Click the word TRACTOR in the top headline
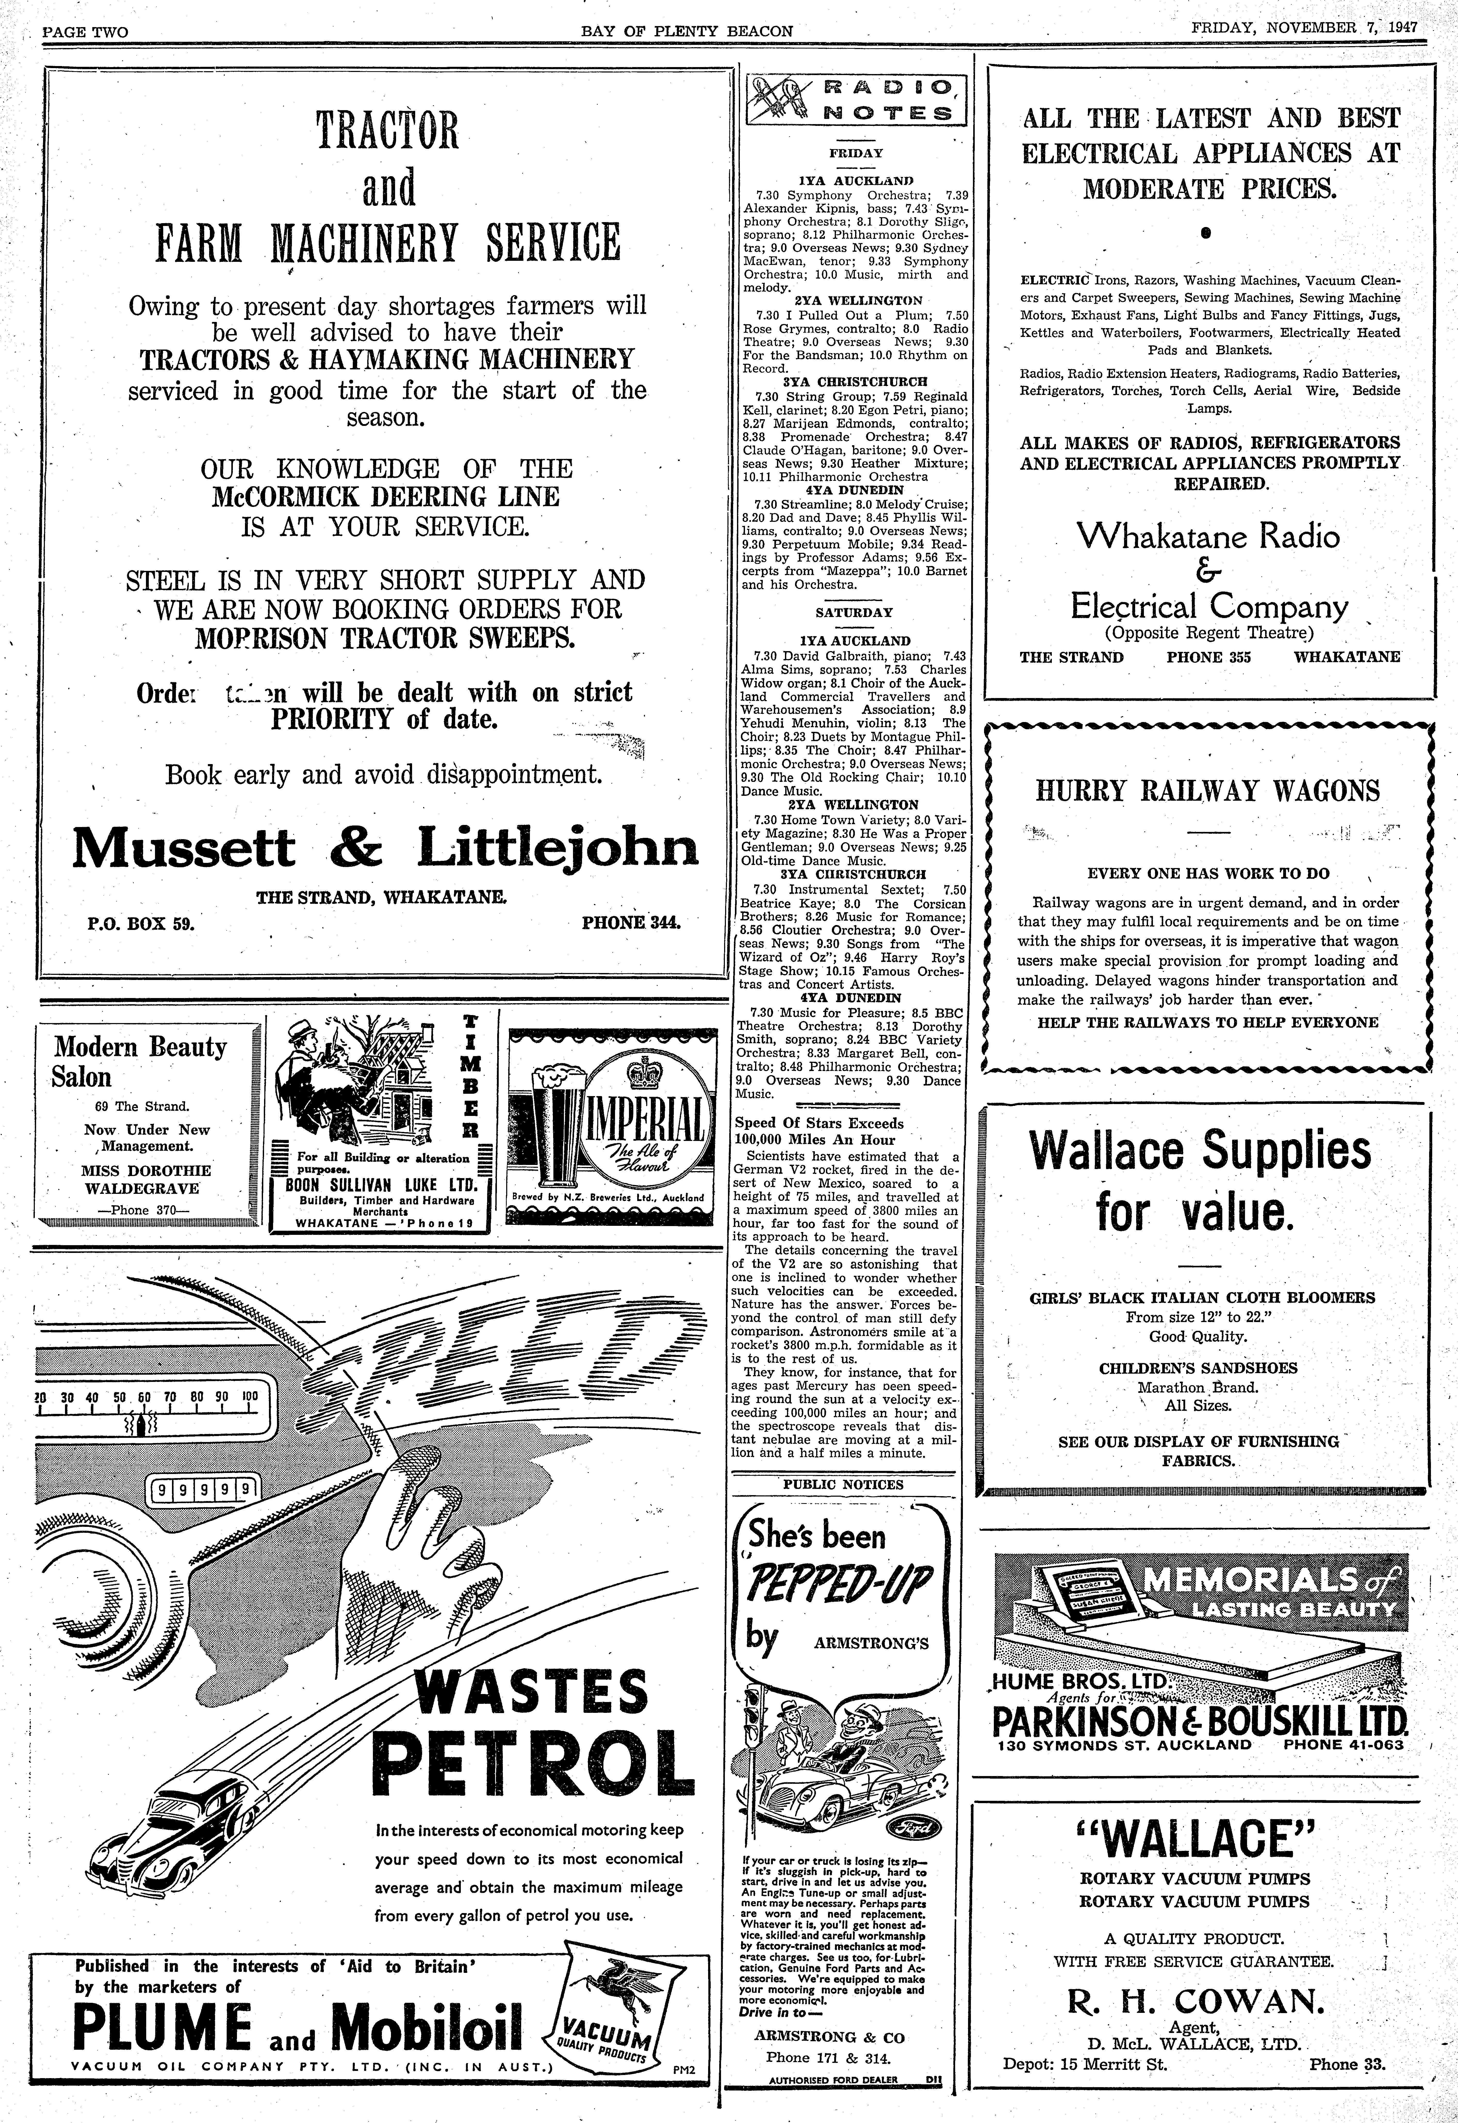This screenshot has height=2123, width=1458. coord(387,131)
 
